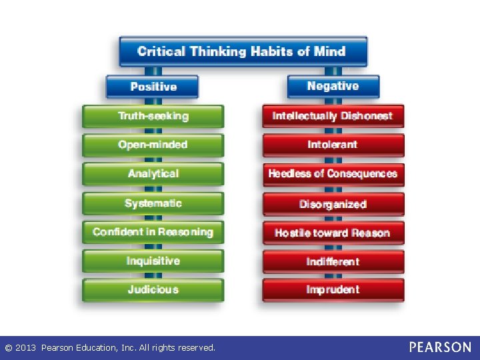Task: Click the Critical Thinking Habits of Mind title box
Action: coord(243,51)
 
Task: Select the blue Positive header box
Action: coord(153,87)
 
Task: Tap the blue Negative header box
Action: coord(333,86)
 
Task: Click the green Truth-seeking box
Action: coord(153,116)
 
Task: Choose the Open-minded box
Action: coord(153,145)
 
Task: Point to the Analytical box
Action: coord(153,174)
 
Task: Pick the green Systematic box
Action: coord(153,203)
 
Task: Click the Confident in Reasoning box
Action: coord(153,232)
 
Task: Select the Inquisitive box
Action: coord(153,261)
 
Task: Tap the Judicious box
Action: coord(153,290)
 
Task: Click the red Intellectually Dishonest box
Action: coord(333,116)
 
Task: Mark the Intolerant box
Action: coord(333,145)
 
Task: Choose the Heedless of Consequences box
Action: coord(333,174)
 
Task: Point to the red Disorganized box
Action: coord(333,204)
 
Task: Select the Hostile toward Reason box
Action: coord(333,233)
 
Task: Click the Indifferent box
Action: coord(333,262)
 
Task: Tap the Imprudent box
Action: coord(333,290)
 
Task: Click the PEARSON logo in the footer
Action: coord(440,347)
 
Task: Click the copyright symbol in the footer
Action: coord(9,348)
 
